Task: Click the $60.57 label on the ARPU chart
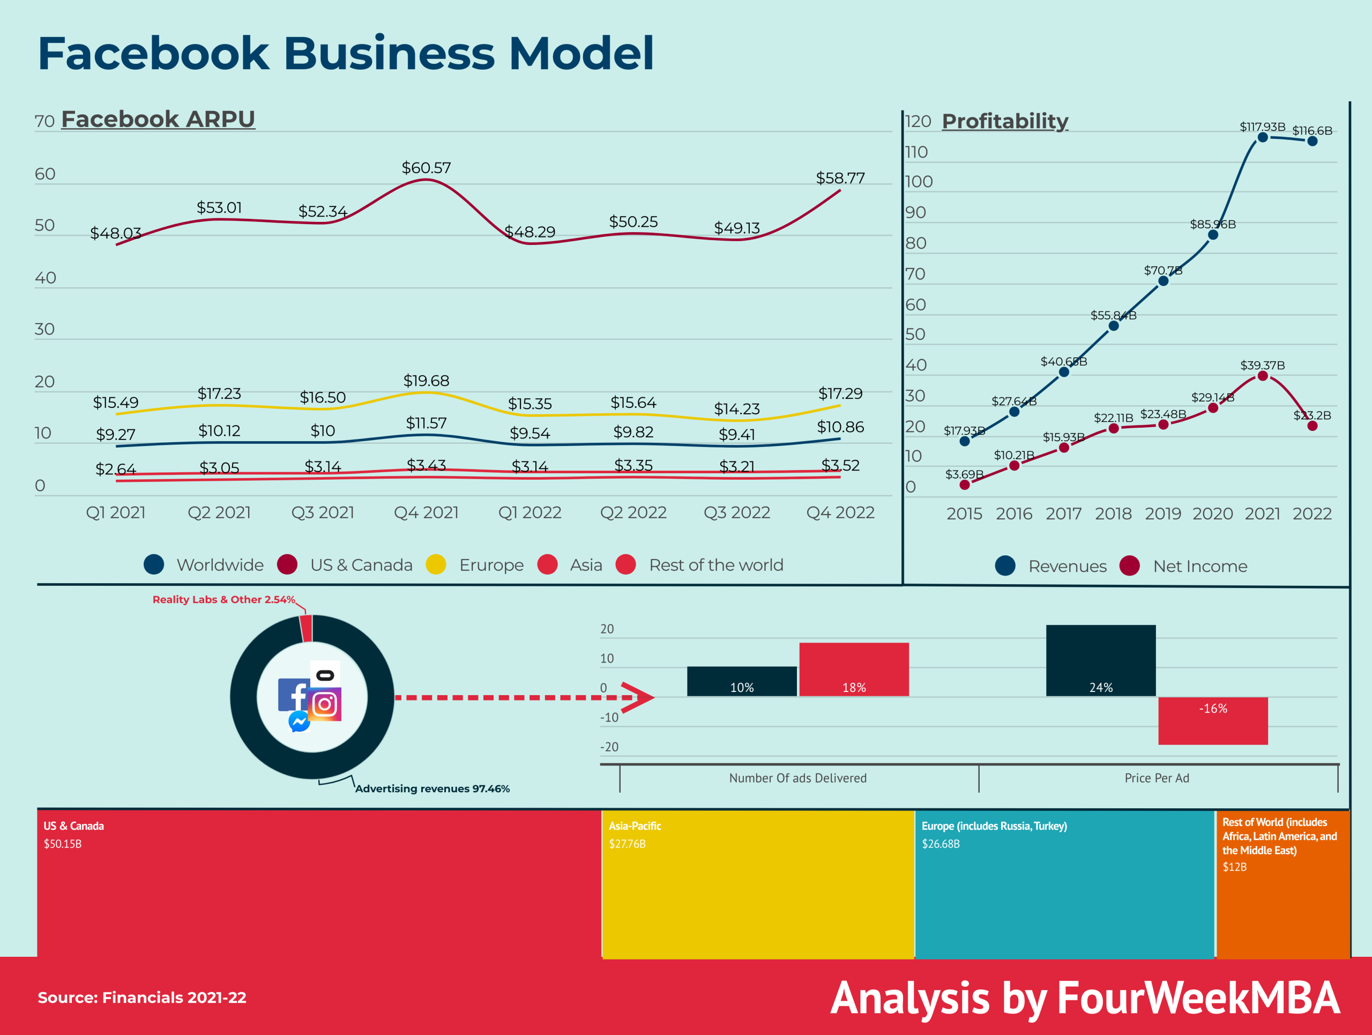click(426, 168)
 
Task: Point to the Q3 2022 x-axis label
click(736, 512)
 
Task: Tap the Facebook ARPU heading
click(158, 118)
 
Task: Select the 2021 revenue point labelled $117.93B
click(1262, 137)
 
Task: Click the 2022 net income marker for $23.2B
click(1312, 426)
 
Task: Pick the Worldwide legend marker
click(154, 564)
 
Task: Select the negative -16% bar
click(1213, 720)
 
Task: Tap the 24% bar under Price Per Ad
click(1100, 660)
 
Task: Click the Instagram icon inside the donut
click(325, 704)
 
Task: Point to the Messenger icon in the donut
click(299, 721)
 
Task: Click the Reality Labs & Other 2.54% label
click(223, 600)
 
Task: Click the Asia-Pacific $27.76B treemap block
click(757, 884)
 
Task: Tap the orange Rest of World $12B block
click(1282, 884)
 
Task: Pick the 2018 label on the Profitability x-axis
click(1113, 513)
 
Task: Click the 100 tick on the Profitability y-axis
click(918, 182)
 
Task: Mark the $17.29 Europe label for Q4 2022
click(840, 393)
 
